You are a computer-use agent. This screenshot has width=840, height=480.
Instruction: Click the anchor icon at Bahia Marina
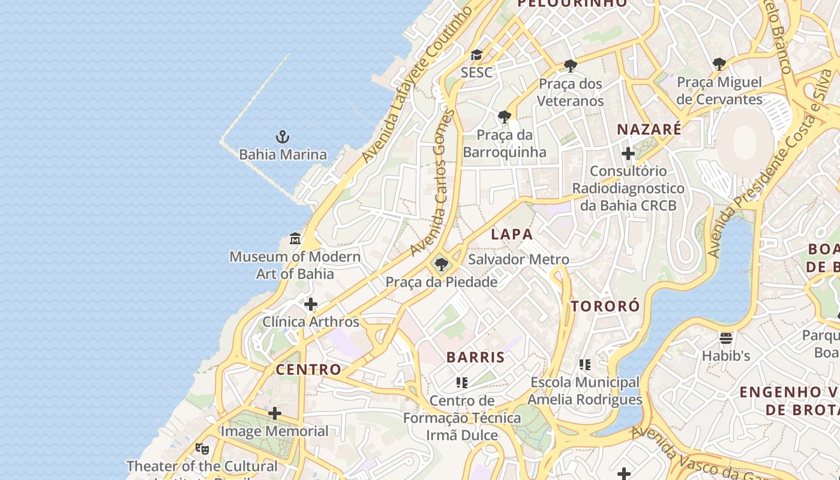283,137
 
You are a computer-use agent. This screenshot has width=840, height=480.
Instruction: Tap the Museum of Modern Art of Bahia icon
295,239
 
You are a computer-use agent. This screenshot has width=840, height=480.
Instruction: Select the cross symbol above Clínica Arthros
310,304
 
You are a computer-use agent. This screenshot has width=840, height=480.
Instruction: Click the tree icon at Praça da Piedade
442,264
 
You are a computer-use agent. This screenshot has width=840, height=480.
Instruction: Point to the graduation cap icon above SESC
476,55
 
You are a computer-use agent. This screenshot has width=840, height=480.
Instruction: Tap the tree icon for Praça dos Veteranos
570,65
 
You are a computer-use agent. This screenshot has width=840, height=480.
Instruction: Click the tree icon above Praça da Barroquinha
505,116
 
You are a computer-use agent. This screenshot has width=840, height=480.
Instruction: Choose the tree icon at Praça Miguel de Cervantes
719,64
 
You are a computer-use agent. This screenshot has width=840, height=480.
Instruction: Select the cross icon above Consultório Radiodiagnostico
628,154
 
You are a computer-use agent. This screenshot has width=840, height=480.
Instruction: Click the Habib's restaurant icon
726,338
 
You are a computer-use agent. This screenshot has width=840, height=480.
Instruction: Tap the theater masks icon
202,448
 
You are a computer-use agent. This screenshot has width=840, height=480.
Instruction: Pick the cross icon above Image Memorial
275,413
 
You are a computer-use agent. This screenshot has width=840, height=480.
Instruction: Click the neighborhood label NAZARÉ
649,129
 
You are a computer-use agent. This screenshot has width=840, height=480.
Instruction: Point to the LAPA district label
512,234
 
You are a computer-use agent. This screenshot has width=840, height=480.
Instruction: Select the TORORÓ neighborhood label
605,306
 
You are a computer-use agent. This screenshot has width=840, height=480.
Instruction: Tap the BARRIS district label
476,357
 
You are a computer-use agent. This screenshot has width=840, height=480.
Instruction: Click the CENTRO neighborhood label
308,369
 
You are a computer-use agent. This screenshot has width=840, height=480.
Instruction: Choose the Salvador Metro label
518,259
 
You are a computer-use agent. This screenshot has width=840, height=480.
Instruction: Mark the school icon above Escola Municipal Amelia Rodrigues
585,364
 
